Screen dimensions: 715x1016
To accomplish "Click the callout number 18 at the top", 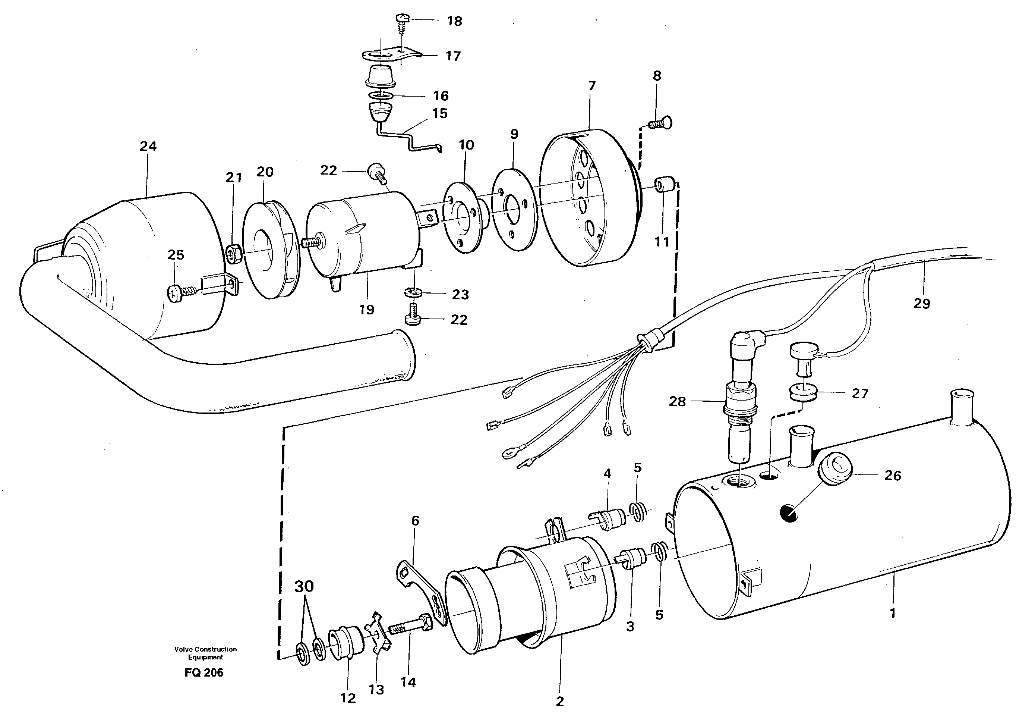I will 454,21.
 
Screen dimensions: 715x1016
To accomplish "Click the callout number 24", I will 148,146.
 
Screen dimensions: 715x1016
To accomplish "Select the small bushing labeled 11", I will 664,183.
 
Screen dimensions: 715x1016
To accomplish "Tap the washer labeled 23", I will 413,293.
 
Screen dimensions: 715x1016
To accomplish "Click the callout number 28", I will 677,402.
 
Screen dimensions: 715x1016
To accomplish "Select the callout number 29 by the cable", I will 922,304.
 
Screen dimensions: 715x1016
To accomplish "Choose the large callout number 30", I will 304,586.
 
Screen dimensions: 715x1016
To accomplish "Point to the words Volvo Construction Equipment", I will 205,653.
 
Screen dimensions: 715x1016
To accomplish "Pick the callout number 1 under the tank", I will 893,614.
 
